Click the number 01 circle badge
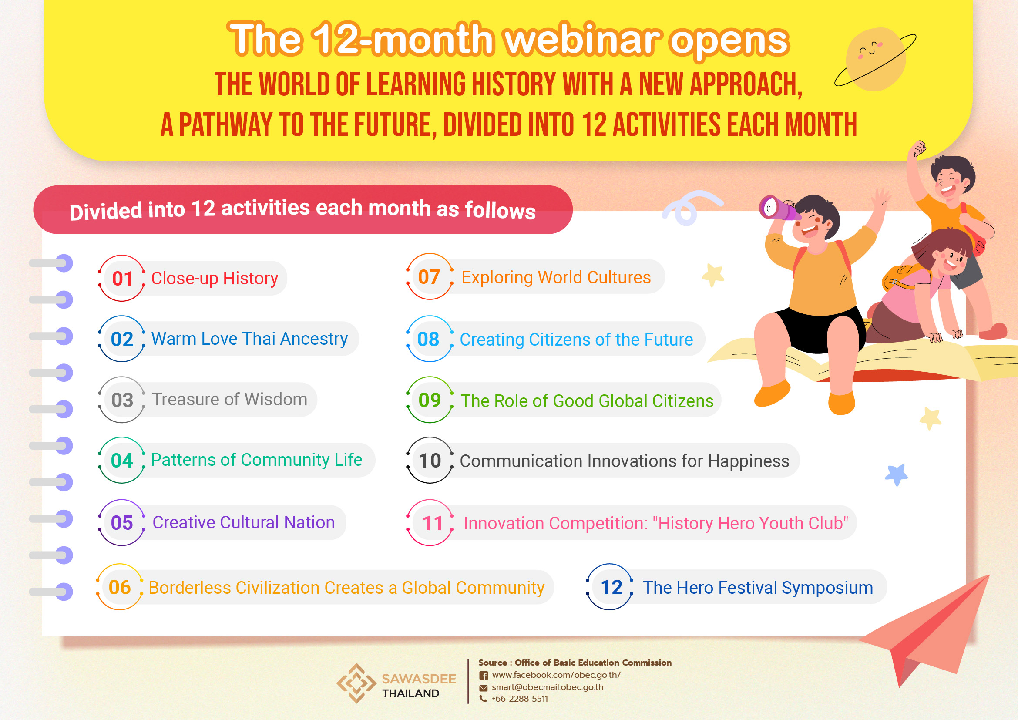click(x=122, y=279)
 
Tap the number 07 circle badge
click(x=430, y=277)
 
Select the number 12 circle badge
click(x=610, y=587)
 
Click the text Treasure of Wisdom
click(x=230, y=400)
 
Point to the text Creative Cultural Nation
click(x=243, y=522)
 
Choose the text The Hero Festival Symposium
click(x=758, y=587)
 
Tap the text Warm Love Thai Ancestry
click(x=250, y=339)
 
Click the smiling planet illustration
click(x=875, y=59)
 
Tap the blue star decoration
click(x=896, y=475)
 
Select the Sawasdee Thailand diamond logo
click(x=356, y=683)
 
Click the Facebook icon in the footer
click(x=484, y=675)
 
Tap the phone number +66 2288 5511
click(x=520, y=699)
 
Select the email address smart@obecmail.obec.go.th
click(x=548, y=687)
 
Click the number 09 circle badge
click(x=430, y=400)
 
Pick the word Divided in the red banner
click(x=105, y=211)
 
